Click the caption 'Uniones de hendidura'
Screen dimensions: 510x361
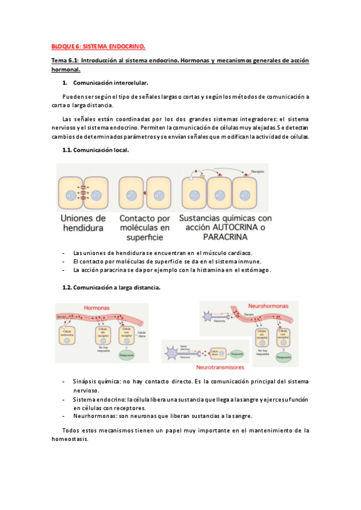point(84,223)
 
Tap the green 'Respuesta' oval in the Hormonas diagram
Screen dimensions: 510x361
point(126,355)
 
